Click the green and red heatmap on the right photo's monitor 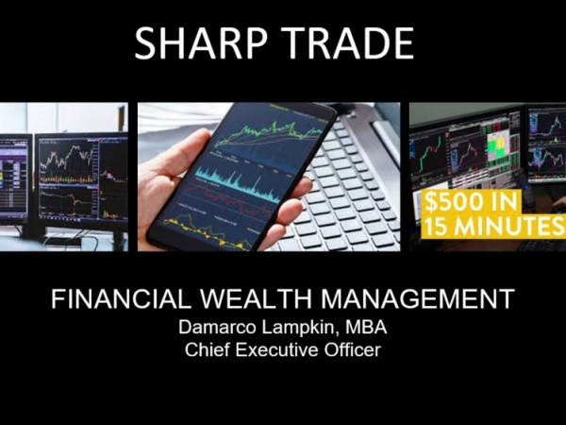494,145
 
